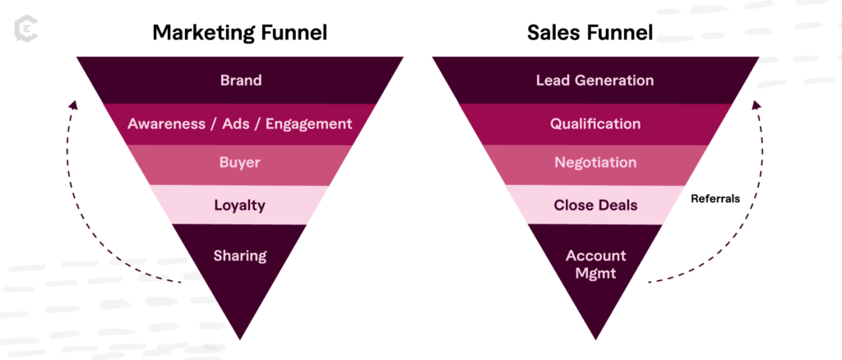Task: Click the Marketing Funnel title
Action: point(239,33)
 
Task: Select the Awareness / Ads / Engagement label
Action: point(239,124)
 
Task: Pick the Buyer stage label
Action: point(239,163)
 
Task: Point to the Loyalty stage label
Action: point(239,205)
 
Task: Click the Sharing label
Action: point(239,255)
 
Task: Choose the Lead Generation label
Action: point(595,81)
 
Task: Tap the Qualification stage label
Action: point(595,124)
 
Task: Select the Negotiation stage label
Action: point(595,163)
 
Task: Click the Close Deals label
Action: point(595,205)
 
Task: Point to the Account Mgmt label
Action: point(595,265)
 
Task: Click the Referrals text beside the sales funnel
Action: point(714,198)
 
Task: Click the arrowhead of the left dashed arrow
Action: point(72,105)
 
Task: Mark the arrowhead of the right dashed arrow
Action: point(756,105)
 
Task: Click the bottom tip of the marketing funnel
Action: point(239,338)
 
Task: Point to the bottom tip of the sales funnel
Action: point(595,338)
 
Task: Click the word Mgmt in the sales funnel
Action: point(595,274)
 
